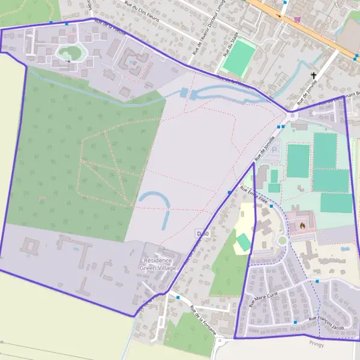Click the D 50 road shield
(202, 233)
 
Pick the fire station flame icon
(302, 225)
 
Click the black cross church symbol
(313, 76)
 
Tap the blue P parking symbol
(275, 150)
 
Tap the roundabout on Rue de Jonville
(293, 116)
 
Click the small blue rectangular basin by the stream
(184, 93)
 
